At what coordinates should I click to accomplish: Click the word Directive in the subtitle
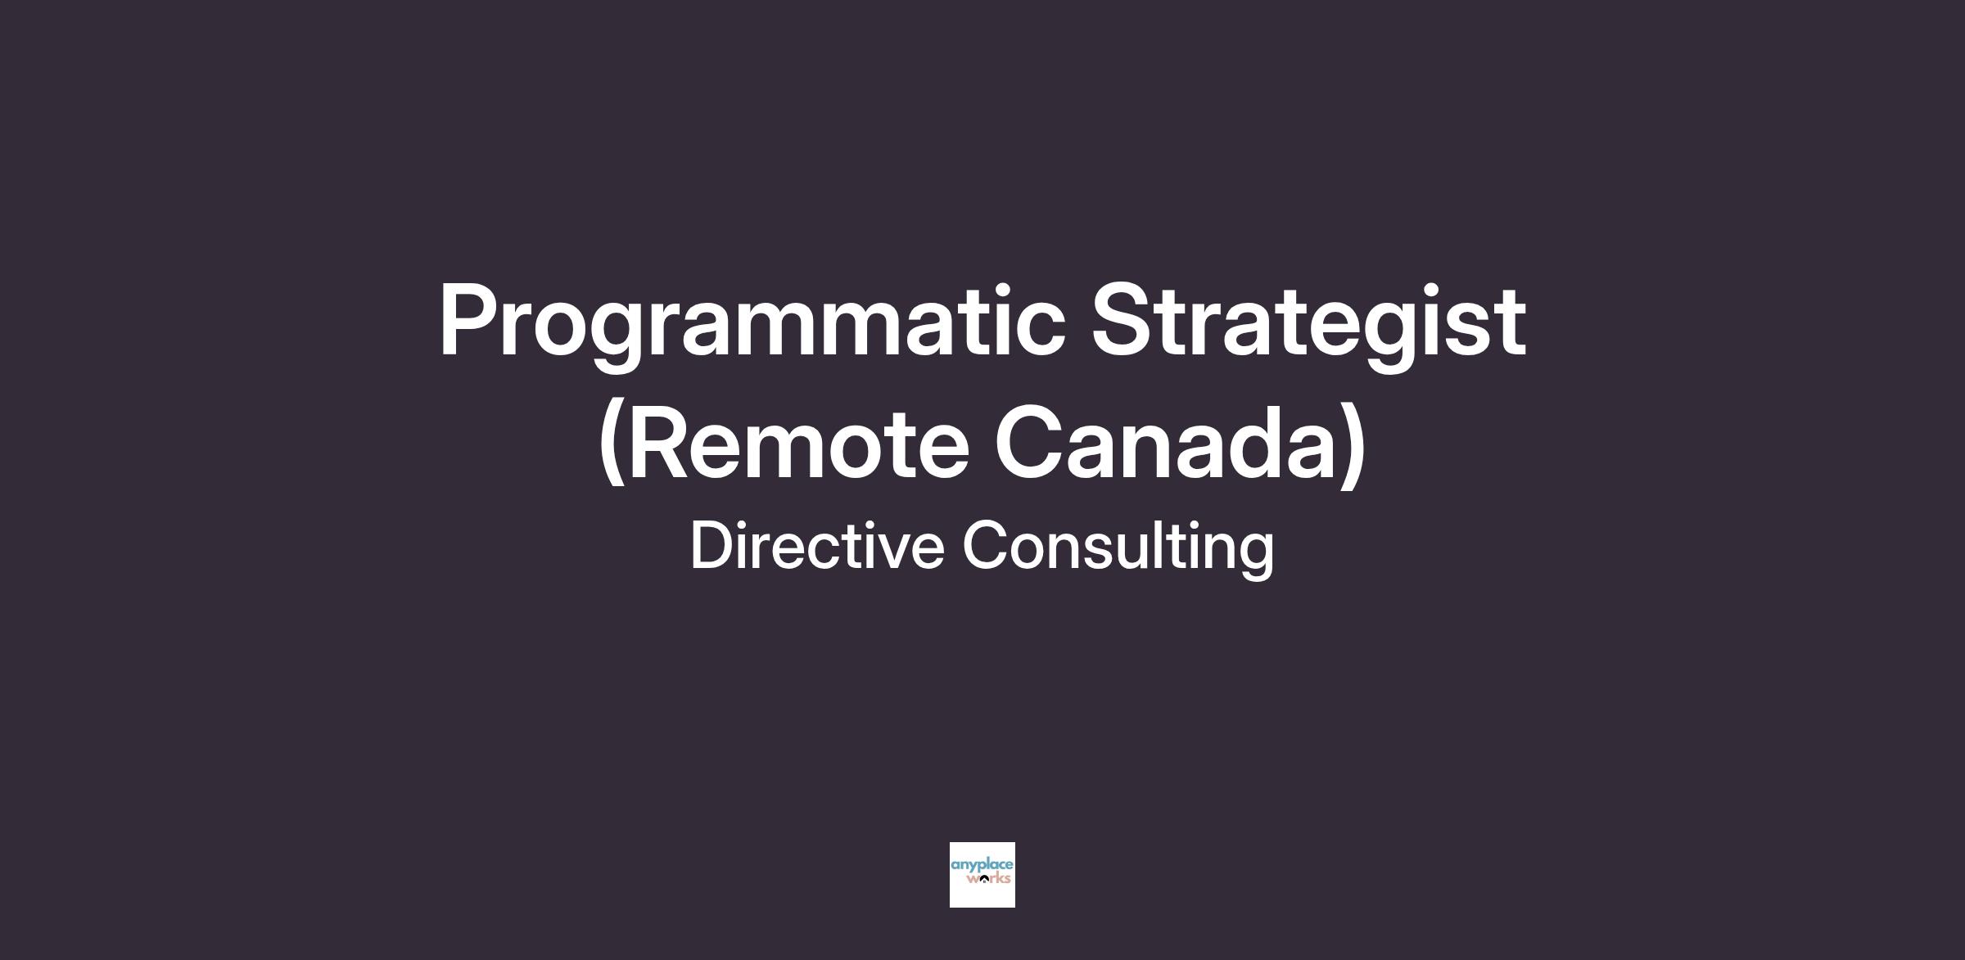pyautogui.click(x=816, y=546)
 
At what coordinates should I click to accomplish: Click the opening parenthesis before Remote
pyautogui.click(x=612, y=444)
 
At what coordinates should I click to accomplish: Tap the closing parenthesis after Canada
pyautogui.click(x=1353, y=444)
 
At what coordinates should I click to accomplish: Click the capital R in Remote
pyautogui.click(x=659, y=441)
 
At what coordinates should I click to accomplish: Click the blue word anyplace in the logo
pyautogui.click(x=982, y=866)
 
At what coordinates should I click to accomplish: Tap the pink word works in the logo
pyautogui.click(x=988, y=879)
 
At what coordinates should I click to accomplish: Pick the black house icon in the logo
pyautogui.click(x=982, y=880)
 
